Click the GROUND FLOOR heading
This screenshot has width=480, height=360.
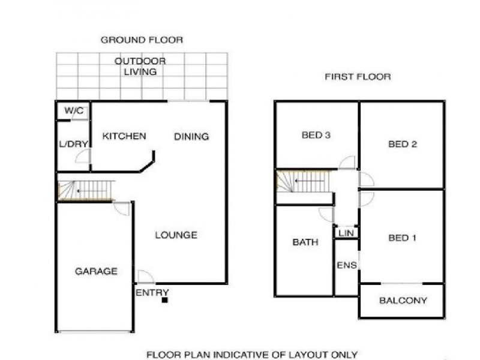[141, 40]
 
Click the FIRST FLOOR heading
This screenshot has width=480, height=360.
[358, 77]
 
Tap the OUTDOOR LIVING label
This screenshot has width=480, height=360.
[140, 67]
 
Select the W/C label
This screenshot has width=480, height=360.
[74, 110]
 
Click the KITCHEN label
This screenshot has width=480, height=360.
[124, 136]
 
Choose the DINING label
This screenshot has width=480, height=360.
[191, 136]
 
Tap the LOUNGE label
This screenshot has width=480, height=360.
[176, 235]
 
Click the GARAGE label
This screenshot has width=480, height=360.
[96, 271]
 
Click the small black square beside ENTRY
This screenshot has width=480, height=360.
[164, 299]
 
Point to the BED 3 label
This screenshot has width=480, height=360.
[316, 135]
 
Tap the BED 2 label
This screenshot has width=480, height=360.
[403, 144]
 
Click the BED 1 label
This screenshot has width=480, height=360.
[403, 238]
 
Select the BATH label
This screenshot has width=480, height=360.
[305, 242]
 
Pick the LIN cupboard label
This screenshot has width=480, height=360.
[346, 233]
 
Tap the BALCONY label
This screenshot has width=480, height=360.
[403, 301]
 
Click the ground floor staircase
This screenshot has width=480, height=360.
[85, 190]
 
